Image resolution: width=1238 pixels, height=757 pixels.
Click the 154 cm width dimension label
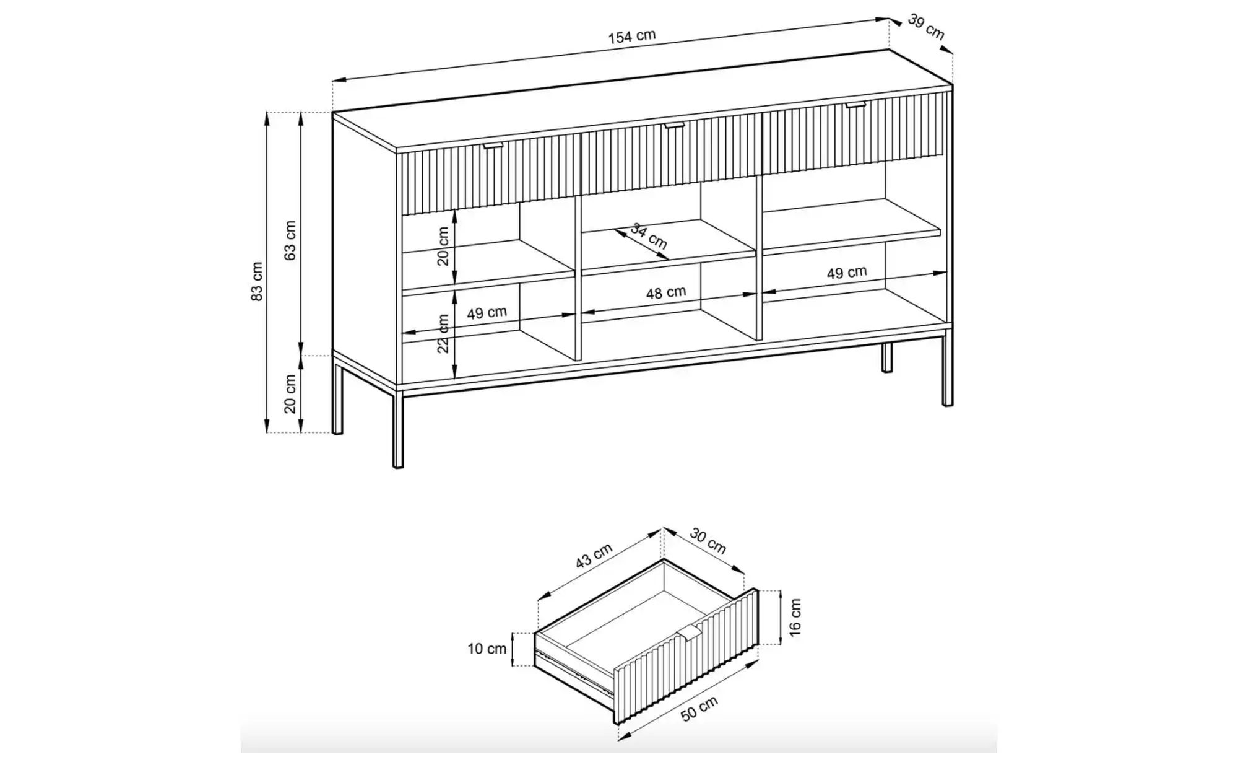(631, 37)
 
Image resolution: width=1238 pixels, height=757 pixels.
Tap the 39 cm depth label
(926, 27)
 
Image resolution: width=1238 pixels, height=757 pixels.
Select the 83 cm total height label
(258, 281)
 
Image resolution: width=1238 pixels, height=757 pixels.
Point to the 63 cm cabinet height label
(290, 240)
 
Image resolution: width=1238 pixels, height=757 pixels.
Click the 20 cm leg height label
(290, 394)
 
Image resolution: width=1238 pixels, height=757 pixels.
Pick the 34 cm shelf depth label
(649, 236)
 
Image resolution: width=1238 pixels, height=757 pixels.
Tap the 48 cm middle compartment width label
(666, 292)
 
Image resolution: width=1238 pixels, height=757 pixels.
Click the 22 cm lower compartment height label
(443, 333)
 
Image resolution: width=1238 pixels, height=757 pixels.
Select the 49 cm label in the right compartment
(847, 272)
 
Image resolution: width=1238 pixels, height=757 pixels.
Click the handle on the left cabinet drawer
(494, 146)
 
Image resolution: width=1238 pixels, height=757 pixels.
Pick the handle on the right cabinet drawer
(856, 105)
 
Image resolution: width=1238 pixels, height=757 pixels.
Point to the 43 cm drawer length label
(594, 555)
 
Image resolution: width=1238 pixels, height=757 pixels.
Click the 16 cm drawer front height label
(795, 616)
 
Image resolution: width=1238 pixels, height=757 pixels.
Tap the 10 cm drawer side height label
(487, 649)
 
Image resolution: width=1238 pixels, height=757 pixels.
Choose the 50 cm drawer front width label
(699, 708)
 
